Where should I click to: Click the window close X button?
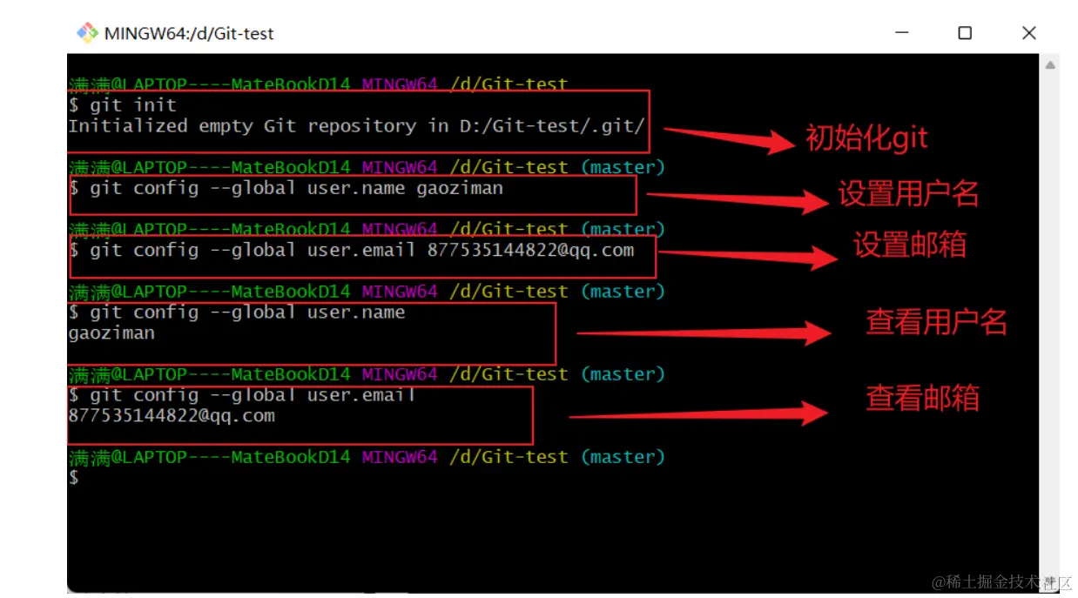[x=1028, y=33]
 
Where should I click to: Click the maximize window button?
[x=964, y=33]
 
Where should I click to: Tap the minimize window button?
[x=900, y=33]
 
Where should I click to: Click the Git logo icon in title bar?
[x=87, y=33]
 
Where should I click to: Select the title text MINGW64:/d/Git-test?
[x=189, y=34]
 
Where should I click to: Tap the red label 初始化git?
[x=866, y=138]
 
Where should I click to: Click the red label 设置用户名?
[x=908, y=193]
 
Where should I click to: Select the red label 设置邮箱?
[x=909, y=245]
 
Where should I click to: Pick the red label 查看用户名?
[x=936, y=322]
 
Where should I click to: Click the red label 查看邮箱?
[x=922, y=398]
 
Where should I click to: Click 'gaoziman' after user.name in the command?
[x=459, y=188]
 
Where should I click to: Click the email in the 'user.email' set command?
[x=530, y=251]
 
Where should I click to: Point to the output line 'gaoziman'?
[x=111, y=333]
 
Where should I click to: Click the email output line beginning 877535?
[x=172, y=416]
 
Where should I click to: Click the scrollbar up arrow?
[x=1050, y=65]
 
